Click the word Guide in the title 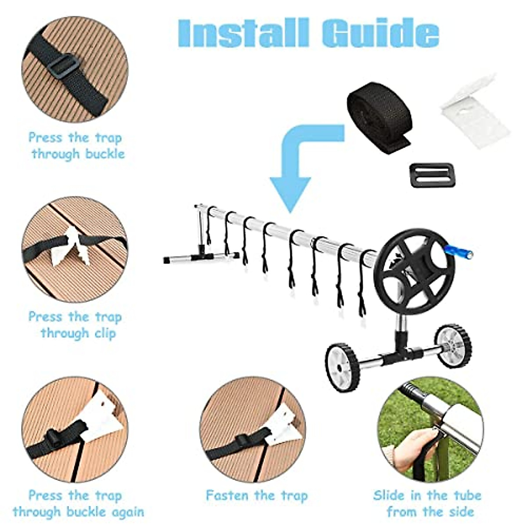(380, 33)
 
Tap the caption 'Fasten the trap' (256, 496)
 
